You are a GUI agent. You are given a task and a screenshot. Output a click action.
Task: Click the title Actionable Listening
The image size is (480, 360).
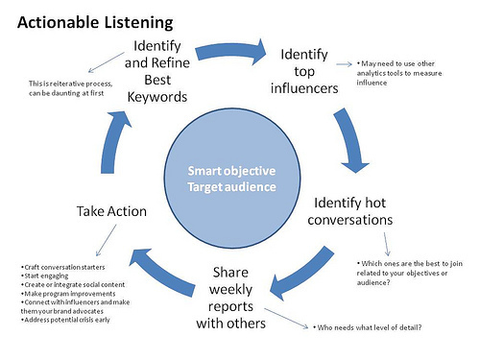pos(94,20)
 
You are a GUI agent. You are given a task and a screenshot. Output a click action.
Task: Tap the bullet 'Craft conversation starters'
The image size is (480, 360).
pos(65,265)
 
